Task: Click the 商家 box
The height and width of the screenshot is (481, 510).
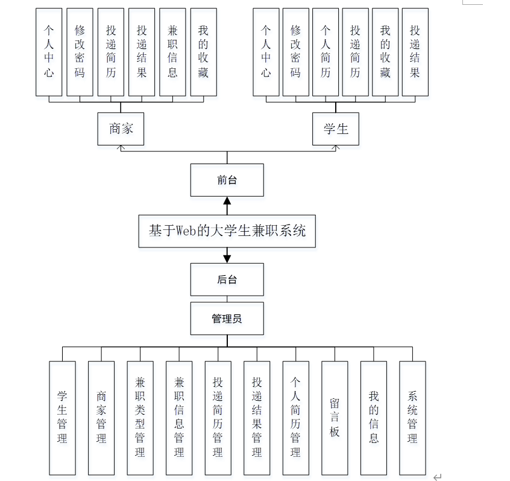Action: point(121,129)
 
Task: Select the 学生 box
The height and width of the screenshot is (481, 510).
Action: point(335,129)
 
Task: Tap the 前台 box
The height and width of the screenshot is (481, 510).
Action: point(227,180)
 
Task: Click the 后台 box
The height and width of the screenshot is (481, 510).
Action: point(227,279)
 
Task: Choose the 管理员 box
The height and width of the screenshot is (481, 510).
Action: point(227,318)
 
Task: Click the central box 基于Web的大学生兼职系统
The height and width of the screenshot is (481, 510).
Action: point(227,231)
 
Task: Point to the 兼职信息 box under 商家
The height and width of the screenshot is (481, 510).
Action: point(172,52)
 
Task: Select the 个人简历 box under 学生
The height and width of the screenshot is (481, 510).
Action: point(326,52)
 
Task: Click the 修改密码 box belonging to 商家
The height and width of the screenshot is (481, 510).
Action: point(80,52)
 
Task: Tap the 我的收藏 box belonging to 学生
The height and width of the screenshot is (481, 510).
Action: point(385,52)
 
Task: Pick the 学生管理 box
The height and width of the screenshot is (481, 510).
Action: point(62,417)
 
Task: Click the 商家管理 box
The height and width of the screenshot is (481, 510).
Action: point(101,417)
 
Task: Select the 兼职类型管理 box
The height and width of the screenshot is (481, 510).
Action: point(140,417)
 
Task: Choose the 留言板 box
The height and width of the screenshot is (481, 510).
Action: point(335,417)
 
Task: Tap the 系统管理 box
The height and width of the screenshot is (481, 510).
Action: point(412,417)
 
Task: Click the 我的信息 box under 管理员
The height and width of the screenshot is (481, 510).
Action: point(374,417)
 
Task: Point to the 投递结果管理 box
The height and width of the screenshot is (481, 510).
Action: point(257,417)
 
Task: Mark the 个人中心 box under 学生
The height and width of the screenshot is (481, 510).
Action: point(266,52)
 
